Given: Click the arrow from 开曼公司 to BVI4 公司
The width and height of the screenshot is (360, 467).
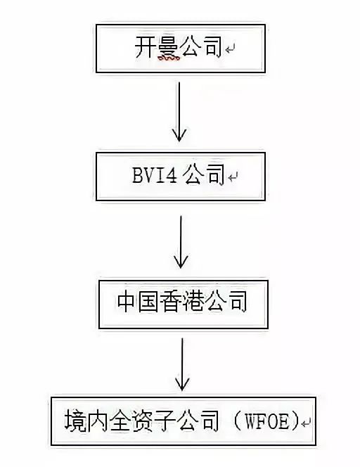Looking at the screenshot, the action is click(x=179, y=112).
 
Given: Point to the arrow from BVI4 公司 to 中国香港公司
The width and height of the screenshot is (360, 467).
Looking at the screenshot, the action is click(x=181, y=241).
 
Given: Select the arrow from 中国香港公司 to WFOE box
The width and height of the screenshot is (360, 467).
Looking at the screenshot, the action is click(x=182, y=364).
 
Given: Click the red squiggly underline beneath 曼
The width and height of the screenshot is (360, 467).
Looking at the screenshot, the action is click(x=169, y=58).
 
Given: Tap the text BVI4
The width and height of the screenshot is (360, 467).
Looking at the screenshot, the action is click(x=155, y=174).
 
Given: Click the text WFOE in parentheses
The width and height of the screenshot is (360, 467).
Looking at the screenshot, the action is click(x=266, y=421).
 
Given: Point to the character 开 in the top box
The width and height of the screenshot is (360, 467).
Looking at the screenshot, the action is click(x=145, y=46).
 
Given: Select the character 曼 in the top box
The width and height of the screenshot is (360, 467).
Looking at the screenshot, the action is click(x=169, y=46).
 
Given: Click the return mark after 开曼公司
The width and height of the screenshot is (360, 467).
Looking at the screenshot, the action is click(x=230, y=49).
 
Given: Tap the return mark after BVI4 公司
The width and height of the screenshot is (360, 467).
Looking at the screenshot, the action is click(x=233, y=177).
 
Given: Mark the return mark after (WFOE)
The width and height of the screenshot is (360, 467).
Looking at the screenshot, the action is click(x=306, y=423).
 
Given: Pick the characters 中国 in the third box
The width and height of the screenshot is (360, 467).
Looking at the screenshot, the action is click(x=137, y=302).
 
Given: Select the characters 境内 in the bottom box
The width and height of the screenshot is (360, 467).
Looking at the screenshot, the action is click(x=86, y=421).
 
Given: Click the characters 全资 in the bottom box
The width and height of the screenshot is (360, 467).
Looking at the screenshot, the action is click(x=131, y=421).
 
